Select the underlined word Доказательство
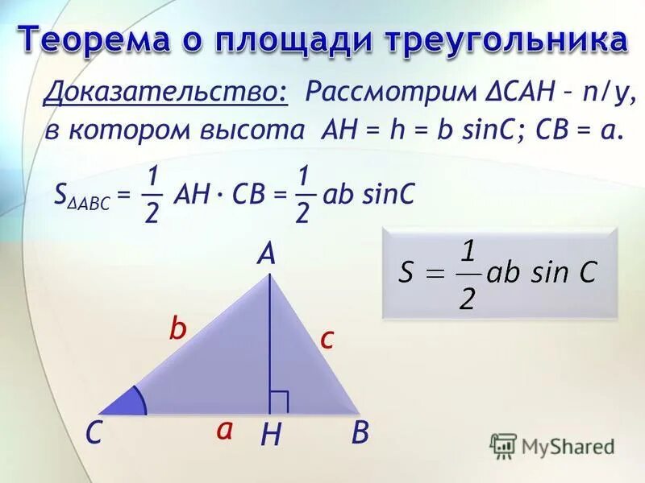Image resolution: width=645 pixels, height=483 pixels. coord(165,93)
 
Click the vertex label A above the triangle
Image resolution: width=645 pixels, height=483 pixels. coord(266,255)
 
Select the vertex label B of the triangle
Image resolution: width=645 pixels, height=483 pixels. coord(360,434)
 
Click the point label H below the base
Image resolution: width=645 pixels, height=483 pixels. coord(271,436)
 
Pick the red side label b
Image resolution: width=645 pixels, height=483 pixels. coord(177,328)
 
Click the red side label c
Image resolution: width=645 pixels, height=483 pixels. coord(326,338)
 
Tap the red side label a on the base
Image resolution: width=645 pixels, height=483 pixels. coord(224,430)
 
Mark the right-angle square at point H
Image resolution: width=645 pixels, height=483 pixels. coord(279,402)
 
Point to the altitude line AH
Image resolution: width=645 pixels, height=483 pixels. coord(268,338)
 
